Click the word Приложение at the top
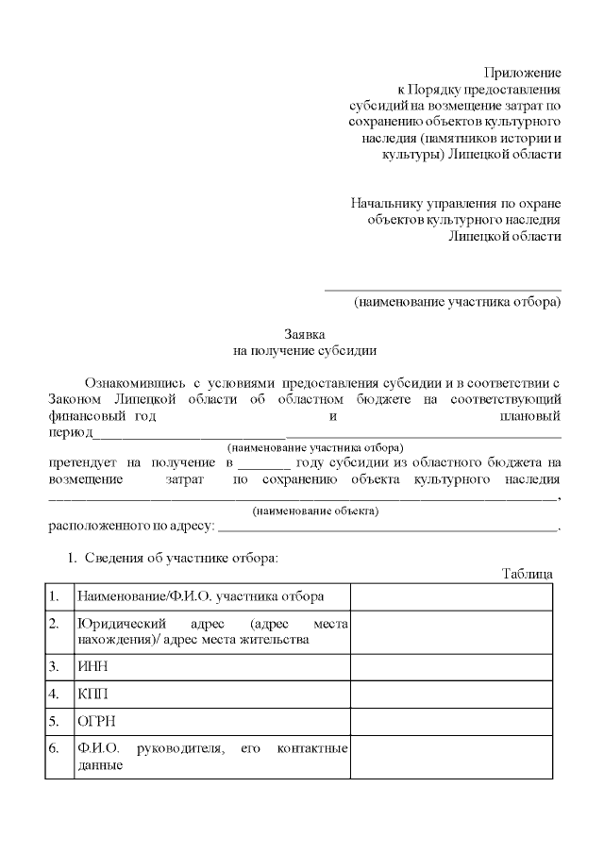tap(523, 73)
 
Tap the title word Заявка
tap(305, 334)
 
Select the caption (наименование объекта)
tap(315, 511)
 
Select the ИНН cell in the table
tap(90, 667)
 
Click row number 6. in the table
tap(54, 749)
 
